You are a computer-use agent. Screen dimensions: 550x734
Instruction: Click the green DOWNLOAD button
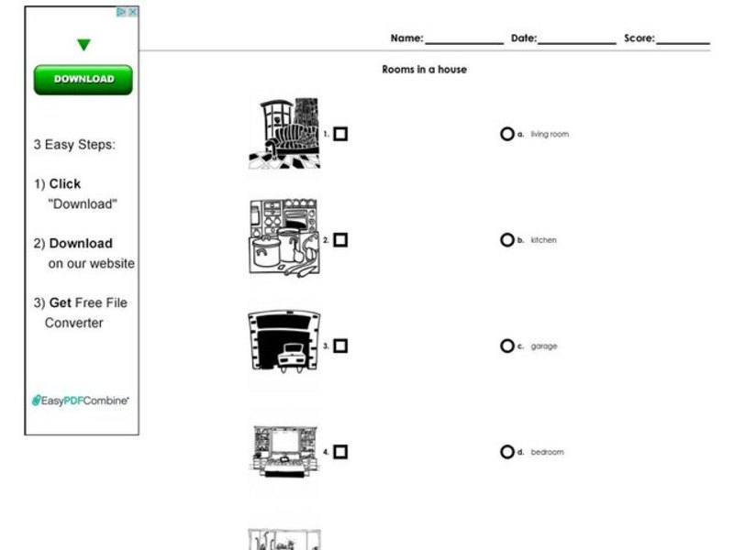[83, 80]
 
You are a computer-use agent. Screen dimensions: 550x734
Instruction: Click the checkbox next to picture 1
[340, 134]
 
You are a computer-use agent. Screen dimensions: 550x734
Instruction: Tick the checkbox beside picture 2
[340, 240]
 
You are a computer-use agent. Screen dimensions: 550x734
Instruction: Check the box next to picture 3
[340, 346]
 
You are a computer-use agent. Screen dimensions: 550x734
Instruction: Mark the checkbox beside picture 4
[340, 452]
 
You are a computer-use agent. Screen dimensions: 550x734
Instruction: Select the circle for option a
[506, 134]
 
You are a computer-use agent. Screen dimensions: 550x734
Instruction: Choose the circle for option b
[506, 240]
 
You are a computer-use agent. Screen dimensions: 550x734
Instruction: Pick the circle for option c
[506, 346]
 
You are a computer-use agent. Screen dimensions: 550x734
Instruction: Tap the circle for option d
[506, 452]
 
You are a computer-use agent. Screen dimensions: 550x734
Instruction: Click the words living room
[550, 135]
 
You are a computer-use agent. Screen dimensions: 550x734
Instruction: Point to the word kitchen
[543, 240]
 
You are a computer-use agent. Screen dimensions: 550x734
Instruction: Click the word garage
[543, 346]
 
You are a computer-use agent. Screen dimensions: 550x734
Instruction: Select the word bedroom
[547, 453]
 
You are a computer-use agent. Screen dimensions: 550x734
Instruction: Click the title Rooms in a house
[424, 70]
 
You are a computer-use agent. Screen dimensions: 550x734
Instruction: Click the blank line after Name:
[463, 40]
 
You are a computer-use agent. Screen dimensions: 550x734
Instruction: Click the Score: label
[639, 38]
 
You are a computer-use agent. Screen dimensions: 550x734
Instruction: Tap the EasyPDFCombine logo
[81, 401]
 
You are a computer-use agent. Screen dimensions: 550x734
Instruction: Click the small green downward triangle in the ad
[83, 45]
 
